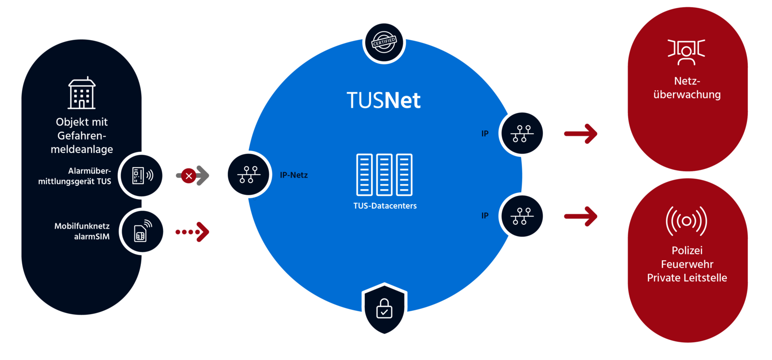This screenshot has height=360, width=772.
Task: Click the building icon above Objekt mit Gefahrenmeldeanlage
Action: tap(82, 93)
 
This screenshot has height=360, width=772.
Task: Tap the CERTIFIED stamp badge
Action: tap(384, 42)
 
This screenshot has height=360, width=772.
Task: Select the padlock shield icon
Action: tap(384, 309)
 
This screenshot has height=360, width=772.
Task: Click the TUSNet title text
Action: tap(384, 100)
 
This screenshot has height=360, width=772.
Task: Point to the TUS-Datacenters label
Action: tap(385, 206)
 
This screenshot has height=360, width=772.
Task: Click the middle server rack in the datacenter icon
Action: tap(384, 175)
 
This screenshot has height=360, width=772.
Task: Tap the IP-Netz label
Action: tap(293, 175)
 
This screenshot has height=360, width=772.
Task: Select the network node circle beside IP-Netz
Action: tap(248, 175)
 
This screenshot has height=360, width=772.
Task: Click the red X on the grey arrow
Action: tap(189, 176)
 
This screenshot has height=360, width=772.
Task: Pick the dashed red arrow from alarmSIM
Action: tap(193, 232)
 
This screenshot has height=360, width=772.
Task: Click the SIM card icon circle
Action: tap(142, 232)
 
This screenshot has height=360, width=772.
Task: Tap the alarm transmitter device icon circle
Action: tap(142, 175)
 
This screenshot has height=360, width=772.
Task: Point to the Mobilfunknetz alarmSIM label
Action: tap(82, 231)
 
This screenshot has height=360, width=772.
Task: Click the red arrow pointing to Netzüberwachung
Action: tap(581, 133)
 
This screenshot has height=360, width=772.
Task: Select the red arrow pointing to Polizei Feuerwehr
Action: tap(581, 216)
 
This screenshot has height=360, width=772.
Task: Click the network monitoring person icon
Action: tap(687, 52)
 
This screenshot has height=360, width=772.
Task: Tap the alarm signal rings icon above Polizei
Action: tap(687, 221)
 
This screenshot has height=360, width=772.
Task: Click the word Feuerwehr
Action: tap(687, 264)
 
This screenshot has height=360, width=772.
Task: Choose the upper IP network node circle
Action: tap(522, 133)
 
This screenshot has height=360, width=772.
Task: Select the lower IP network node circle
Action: tap(522, 216)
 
